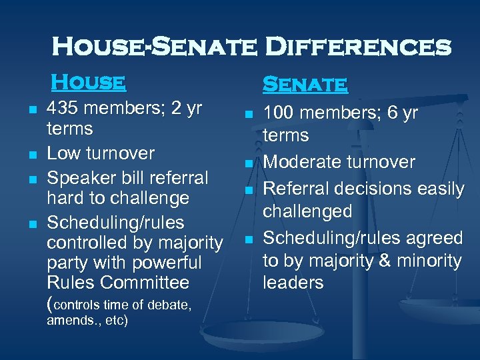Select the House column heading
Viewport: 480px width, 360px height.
[89, 82]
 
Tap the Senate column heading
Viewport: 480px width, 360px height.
[305, 85]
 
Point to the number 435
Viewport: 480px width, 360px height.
[65, 109]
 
